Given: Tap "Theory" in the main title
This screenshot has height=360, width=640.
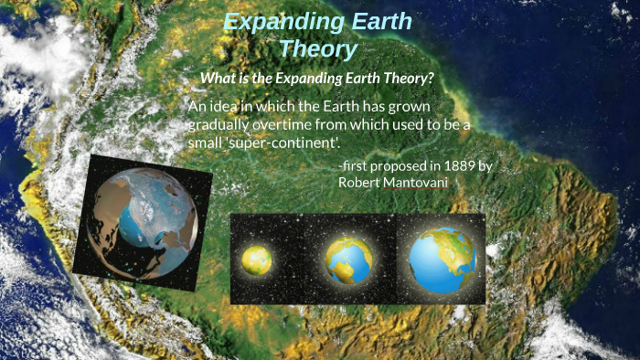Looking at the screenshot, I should tap(317, 48).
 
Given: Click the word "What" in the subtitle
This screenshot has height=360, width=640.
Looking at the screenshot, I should tap(219, 79).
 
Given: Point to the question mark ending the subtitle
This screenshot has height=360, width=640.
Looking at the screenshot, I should tap(429, 79).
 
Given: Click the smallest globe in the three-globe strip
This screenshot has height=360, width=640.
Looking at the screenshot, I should tap(257, 259).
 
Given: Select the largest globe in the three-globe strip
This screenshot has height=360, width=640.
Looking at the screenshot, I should tap(443, 259).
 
